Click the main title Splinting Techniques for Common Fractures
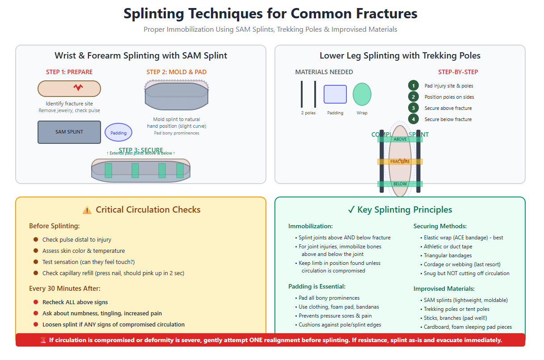[270, 13]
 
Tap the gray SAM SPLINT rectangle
[69, 132]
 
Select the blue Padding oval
[118, 133]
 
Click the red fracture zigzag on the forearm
[78, 88]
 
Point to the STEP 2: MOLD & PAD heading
[177, 72]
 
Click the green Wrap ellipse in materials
[362, 94]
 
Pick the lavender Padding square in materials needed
[335, 94]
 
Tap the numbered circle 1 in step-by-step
[413, 86]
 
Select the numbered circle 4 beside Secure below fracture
[413, 119]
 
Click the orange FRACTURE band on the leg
[400, 162]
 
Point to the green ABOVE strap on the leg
[400, 139]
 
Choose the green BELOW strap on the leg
[400, 184]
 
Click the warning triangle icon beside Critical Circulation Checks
[87, 210]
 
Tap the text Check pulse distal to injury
[77, 240]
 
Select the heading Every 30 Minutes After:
[65, 289]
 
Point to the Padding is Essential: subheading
[317, 286]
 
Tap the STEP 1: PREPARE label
[69, 72]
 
